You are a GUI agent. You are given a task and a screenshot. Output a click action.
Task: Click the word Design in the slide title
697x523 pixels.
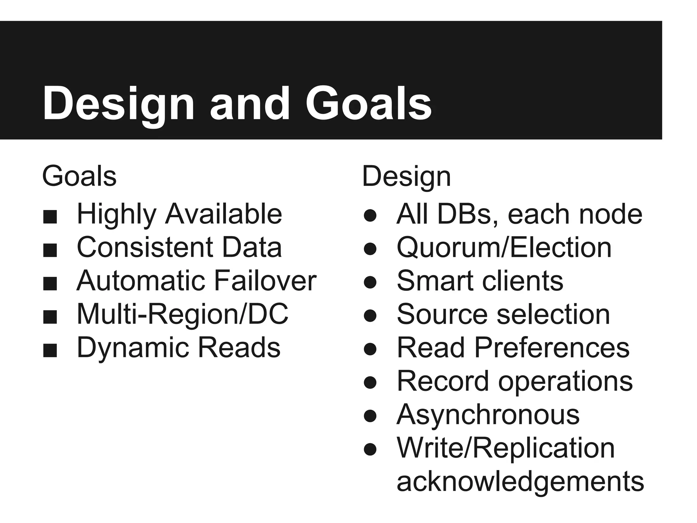coord(118,104)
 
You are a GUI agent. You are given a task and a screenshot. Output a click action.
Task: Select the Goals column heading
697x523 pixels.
coord(79,176)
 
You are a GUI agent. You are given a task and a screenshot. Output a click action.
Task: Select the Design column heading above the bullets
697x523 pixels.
coord(406,176)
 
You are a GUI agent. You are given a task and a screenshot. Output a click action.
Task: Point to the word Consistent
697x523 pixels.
coord(145,247)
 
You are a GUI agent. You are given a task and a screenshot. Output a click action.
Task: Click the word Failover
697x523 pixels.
coord(265,281)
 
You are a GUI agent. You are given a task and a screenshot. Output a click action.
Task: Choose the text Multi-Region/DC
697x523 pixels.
coord(182,314)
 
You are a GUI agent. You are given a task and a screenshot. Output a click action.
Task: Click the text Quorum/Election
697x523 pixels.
coord(504,248)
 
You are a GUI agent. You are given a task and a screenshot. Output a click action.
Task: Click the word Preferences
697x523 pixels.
coord(552,347)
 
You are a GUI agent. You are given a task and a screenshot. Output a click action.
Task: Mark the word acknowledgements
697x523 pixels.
coord(520,481)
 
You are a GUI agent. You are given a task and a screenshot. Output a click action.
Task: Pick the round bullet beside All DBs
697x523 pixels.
coord(370,216)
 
